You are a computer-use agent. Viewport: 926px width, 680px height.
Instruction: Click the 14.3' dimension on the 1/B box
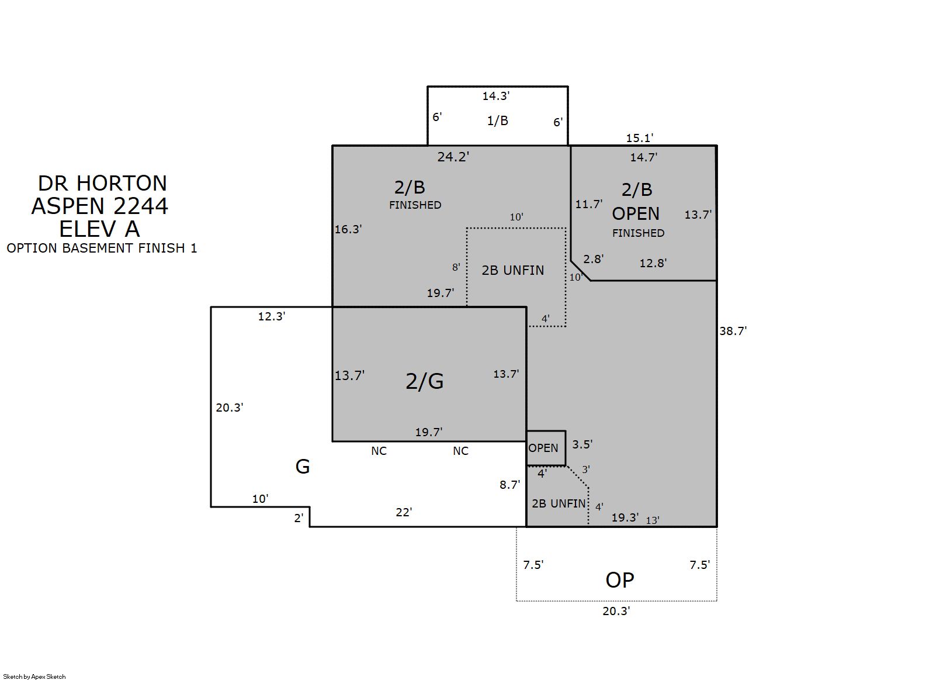pos(496,96)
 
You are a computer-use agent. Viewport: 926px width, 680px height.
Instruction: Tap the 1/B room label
pos(498,120)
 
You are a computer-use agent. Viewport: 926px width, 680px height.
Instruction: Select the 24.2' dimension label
pos(453,157)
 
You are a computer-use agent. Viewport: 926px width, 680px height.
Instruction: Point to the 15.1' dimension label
pos(640,138)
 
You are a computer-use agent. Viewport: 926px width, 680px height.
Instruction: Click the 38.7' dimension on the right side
pos(733,331)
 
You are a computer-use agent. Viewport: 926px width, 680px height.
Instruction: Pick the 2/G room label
pos(425,381)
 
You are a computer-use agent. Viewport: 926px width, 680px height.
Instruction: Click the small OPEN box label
pos(543,448)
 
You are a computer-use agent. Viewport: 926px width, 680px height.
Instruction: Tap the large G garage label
pos(303,467)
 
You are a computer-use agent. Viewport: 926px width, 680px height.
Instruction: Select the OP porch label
pos(620,580)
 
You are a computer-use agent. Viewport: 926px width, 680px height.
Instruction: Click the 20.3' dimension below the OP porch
pos(616,611)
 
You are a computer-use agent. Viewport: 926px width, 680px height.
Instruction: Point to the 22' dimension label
pos(404,512)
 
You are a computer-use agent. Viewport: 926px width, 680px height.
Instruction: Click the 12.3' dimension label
pos(272,316)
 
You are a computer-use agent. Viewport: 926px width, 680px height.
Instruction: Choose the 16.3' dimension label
pos(348,229)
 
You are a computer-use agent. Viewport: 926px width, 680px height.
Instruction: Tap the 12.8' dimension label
pos(653,263)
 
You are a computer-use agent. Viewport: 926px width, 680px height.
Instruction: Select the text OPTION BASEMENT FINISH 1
pos(102,248)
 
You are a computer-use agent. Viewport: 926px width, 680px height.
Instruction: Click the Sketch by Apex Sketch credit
pos(34,676)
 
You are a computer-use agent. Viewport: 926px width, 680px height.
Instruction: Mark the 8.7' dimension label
pos(509,485)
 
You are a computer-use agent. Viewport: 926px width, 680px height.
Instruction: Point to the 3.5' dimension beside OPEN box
pos(582,444)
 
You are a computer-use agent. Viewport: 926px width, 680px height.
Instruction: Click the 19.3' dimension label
pos(625,517)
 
